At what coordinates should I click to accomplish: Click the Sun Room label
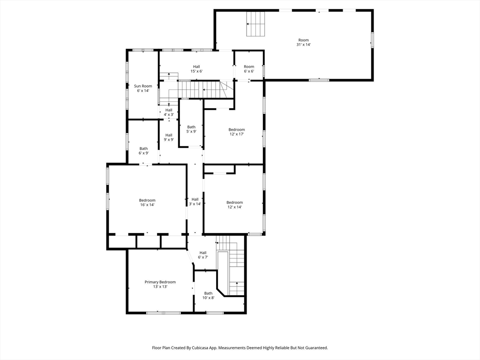click(143, 86)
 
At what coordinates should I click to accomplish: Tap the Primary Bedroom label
click(160, 282)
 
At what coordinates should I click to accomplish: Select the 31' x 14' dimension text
click(303, 45)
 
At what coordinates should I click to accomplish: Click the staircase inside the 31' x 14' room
click(256, 24)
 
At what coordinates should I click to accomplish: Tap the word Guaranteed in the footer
click(314, 348)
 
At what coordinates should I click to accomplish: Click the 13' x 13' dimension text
click(160, 286)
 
